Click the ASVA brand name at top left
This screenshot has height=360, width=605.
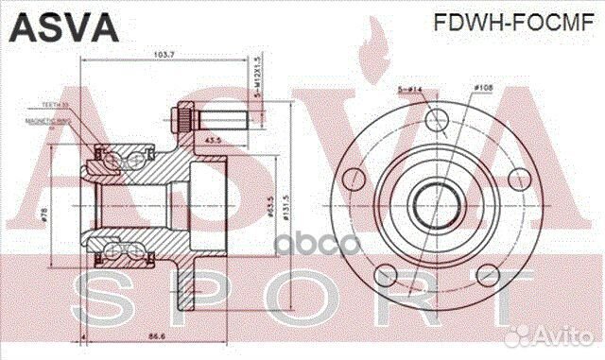click(63, 26)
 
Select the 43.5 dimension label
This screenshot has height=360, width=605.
click(213, 140)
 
